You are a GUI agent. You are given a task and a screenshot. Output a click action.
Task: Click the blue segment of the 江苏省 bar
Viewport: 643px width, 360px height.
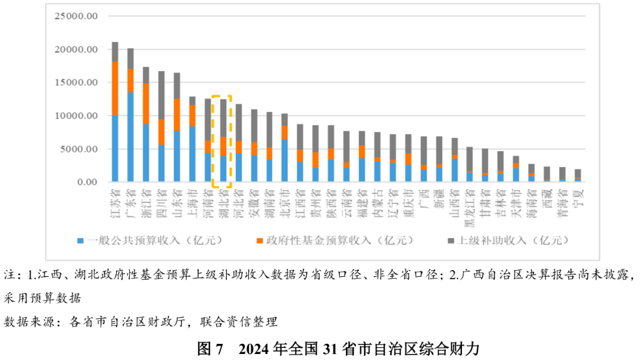(115, 148)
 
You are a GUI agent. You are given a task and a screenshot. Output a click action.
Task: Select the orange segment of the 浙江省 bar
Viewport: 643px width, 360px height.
(146, 104)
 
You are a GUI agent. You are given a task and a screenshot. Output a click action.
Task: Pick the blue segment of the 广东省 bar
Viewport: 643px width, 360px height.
(130, 137)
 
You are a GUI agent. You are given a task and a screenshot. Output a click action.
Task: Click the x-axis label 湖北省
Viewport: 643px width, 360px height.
(223, 202)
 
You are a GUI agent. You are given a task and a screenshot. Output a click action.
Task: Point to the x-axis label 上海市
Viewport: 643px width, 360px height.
(192, 202)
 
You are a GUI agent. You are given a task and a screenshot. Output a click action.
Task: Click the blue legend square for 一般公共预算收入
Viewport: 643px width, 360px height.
(80, 241)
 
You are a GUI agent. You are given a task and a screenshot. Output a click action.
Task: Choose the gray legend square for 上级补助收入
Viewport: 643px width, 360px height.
(450, 241)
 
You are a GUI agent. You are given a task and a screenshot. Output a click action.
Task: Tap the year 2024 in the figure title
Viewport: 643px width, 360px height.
(255, 348)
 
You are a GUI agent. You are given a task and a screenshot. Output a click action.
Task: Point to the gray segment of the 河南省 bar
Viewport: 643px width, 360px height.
(208, 119)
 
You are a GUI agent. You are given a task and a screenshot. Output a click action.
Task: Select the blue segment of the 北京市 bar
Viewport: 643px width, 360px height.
(285, 161)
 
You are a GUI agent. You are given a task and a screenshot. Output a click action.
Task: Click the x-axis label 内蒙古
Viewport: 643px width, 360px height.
(377, 202)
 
